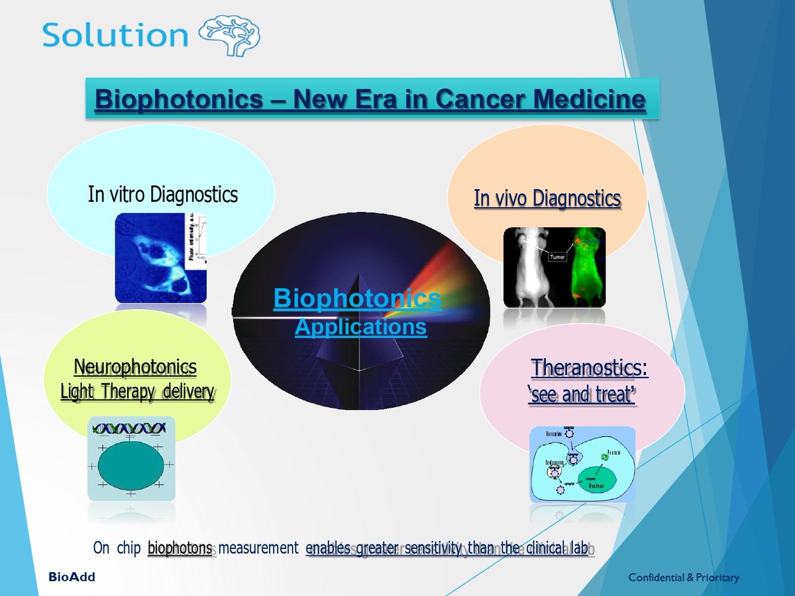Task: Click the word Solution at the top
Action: coord(115,35)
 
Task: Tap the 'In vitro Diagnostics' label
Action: coord(162,194)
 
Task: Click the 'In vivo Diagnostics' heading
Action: coord(547,198)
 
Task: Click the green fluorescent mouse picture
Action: coord(582,268)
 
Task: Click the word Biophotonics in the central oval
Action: coord(357,299)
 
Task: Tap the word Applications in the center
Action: coord(360,326)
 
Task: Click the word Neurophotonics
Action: coord(135,366)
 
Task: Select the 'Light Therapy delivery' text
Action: coord(137,391)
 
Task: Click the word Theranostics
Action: coord(589,368)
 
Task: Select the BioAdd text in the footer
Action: coord(72,577)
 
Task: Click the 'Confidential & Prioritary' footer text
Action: coord(683,577)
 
